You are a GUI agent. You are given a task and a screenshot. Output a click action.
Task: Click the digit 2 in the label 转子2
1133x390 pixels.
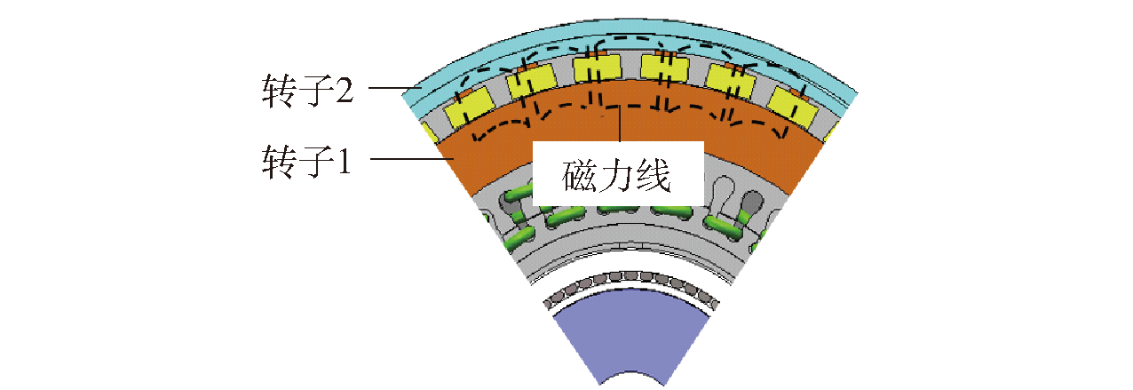(344, 91)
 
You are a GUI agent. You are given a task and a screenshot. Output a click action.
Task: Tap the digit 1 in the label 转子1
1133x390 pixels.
(344, 161)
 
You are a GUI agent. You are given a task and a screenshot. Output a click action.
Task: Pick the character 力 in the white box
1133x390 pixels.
(616, 175)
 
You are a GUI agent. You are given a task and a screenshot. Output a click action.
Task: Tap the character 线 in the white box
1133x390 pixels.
(654, 175)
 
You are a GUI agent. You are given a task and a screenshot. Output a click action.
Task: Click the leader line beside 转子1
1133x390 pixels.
(412, 159)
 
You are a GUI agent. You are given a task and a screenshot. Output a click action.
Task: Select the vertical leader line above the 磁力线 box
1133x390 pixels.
(620, 124)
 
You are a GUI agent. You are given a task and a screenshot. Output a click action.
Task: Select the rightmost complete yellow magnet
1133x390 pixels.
(793, 106)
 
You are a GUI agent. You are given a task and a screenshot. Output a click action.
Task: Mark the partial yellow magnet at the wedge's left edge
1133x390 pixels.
(431, 132)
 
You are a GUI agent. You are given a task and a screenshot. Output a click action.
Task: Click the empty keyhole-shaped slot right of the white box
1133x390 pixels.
(725, 193)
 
